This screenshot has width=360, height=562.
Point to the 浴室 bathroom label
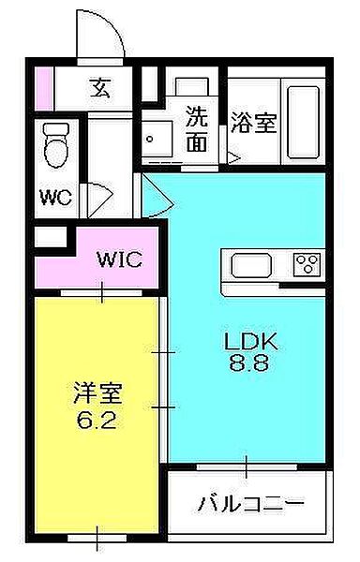253,122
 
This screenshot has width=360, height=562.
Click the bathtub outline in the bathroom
302,122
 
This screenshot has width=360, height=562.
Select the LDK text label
246,341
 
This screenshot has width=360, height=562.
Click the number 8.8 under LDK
246,365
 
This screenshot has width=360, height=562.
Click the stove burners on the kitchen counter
306,264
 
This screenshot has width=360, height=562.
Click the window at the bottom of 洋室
97,538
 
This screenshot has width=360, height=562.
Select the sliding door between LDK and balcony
246,464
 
